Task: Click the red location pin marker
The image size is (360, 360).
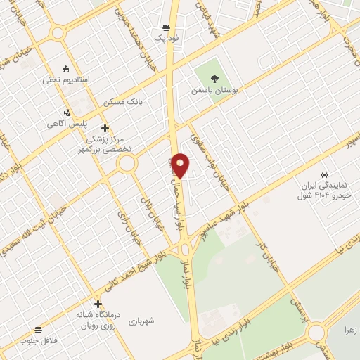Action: pos(181,165)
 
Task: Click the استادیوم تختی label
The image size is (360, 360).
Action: pos(66,79)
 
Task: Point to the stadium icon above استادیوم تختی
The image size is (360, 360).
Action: pos(66,68)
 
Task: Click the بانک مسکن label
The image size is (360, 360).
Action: pos(123,102)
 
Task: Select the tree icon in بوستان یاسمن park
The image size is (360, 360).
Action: pos(214,78)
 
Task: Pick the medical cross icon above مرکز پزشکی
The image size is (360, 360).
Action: pos(105,127)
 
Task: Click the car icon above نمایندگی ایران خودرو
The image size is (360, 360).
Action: pos(323,174)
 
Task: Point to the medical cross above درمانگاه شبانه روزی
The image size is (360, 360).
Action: pos(98,303)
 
